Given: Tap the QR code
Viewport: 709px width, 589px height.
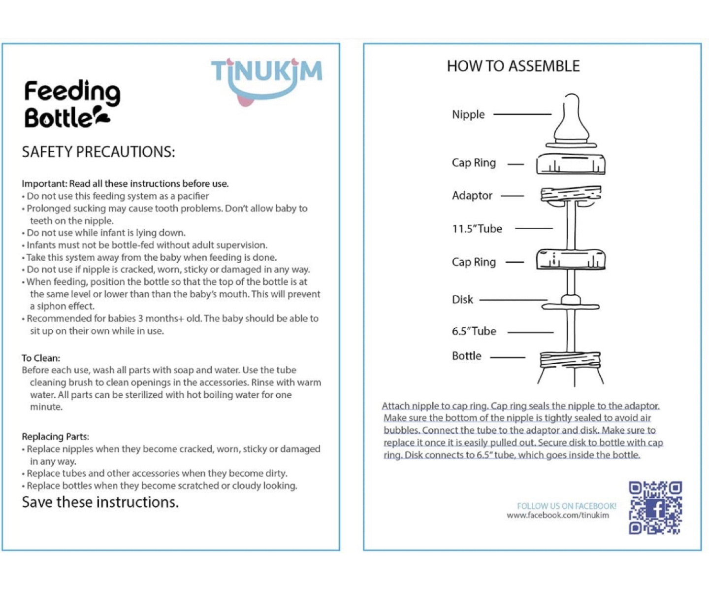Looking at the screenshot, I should tap(655, 508).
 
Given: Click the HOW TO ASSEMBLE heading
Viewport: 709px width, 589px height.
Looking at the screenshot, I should tap(513, 66).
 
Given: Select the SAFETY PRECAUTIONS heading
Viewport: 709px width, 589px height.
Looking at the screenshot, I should tap(98, 152).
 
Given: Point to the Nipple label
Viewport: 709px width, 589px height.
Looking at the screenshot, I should tap(468, 114).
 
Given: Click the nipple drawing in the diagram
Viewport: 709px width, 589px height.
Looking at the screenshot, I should tap(571, 121).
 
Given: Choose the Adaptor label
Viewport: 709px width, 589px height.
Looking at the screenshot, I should tap(472, 196).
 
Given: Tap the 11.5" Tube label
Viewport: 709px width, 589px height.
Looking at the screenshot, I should tap(477, 229).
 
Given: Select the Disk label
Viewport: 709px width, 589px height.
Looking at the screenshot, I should tap(462, 300).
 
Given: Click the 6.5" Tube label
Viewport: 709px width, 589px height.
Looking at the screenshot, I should tap(474, 331).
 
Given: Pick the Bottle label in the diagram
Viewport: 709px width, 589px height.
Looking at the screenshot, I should tap(467, 356).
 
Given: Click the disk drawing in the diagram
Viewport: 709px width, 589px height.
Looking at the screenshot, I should tap(571, 303).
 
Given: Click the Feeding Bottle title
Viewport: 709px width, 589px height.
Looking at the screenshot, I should tap(71, 104).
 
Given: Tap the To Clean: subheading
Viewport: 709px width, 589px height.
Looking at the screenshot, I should tap(41, 358).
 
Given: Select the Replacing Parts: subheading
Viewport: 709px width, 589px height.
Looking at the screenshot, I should tap(55, 437).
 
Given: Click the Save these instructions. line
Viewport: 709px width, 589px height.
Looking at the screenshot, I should tap(100, 502).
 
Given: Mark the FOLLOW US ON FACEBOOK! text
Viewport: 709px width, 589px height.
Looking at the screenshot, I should tap(566, 506).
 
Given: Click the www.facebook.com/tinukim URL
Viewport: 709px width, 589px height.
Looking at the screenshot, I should tap(558, 516).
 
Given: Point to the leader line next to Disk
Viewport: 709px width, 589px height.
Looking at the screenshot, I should tap(514, 300).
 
